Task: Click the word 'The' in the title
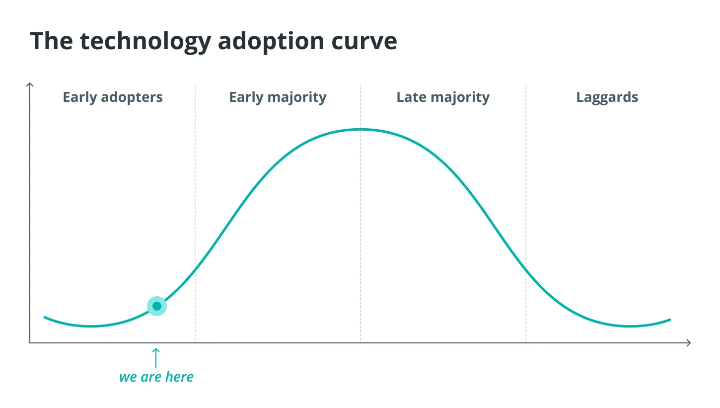(x=52, y=41)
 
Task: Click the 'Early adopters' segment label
(x=113, y=97)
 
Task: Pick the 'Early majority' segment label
(x=278, y=97)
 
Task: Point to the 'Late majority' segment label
(x=443, y=97)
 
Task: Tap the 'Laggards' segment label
(x=607, y=97)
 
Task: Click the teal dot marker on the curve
(x=157, y=306)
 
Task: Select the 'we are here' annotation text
(x=156, y=377)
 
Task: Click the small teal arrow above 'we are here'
(x=156, y=358)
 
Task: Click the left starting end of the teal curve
(x=44, y=317)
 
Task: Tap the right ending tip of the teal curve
(x=670, y=320)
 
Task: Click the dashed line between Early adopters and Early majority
(x=195, y=212)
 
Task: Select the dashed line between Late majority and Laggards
(x=526, y=212)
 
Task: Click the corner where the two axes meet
(x=30, y=343)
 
